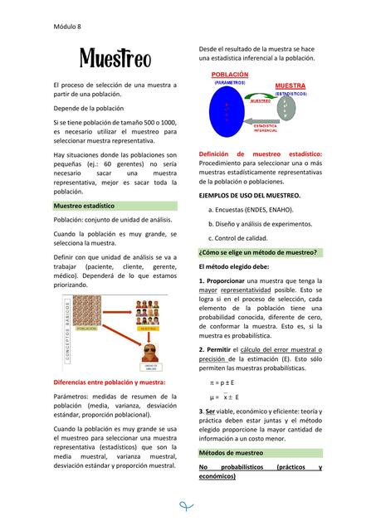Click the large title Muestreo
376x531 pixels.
pos(115,59)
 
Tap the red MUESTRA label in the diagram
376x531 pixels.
pos(290,85)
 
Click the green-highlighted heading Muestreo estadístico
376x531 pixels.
pos(84,205)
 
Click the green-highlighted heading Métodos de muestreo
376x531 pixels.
pos(231,453)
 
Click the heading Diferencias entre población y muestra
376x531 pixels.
pos(109,382)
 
